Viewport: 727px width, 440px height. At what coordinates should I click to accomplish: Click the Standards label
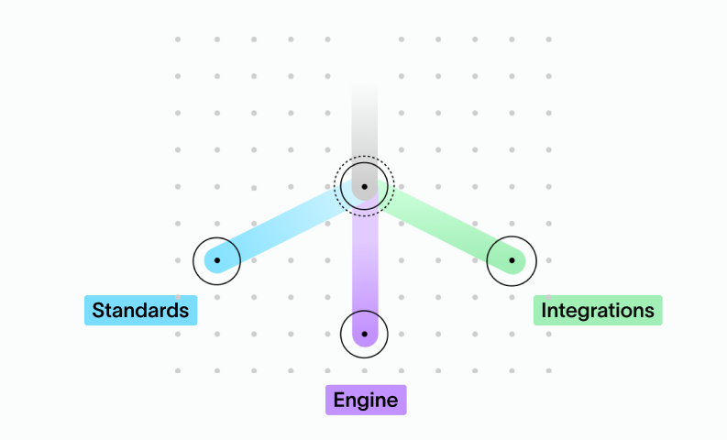(x=140, y=311)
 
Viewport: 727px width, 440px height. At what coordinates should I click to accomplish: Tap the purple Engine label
(x=365, y=400)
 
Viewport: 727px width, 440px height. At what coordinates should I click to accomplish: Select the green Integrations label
(x=598, y=311)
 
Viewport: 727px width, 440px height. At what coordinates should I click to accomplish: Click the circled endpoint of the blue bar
(x=216, y=260)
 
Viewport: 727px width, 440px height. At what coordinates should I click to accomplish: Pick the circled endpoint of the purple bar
(x=364, y=334)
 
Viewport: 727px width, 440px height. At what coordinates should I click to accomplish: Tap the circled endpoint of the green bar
(x=512, y=260)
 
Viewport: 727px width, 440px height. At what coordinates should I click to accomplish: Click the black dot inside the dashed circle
(x=364, y=186)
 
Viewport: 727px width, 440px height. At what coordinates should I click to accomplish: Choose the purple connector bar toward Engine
(x=364, y=266)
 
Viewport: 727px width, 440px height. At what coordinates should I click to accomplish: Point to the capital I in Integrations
(x=545, y=311)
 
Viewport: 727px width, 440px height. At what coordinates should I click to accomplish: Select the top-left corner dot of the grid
(x=178, y=39)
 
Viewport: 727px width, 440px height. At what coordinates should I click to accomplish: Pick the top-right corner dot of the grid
(x=548, y=39)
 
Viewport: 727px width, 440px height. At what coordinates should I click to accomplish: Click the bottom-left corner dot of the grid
(x=178, y=370)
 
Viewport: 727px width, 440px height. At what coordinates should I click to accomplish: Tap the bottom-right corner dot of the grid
(x=548, y=370)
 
